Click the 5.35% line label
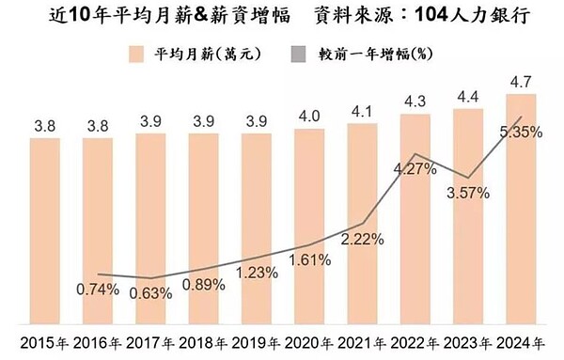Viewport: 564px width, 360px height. (521, 133)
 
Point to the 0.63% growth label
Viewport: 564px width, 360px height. (151, 292)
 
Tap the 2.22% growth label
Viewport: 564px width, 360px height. (363, 239)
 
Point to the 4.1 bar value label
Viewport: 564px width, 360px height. (363, 112)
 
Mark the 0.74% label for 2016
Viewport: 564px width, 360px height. (98, 289)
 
